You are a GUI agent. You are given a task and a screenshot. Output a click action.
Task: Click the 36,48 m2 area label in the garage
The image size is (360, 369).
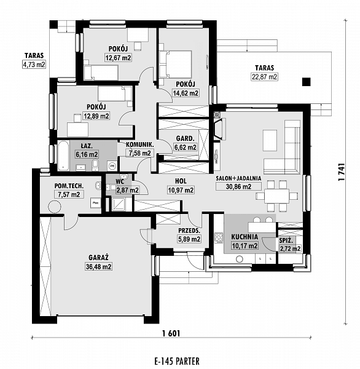point(98,267)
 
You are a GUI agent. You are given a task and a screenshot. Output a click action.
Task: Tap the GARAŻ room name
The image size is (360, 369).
point(98,258)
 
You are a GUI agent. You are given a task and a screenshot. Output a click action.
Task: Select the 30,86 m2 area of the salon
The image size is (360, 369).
point(238,186)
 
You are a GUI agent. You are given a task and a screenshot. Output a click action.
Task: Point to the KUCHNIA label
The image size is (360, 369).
point(245,237)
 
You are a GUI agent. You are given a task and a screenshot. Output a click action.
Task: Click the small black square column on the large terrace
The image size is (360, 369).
point(307,82)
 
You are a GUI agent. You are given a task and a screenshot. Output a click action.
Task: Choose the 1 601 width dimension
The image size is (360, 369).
point(171,333)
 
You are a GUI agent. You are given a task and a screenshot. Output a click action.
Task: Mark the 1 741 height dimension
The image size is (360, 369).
point(342,172)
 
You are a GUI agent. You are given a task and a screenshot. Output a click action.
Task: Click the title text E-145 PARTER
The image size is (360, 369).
point(177,361)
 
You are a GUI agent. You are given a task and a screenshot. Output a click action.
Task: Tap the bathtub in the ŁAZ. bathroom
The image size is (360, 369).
point(63,156)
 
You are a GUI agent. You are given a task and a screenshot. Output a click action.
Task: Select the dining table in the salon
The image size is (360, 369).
point(277,196)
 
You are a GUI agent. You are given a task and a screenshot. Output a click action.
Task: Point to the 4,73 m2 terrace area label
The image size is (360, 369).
point(34,65)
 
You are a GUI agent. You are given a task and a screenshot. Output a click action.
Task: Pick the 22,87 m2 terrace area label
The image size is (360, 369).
point(265,77)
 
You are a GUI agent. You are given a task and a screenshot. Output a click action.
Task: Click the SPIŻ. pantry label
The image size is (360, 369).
point(286,240)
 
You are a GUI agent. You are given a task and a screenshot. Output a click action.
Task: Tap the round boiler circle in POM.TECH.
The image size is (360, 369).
point(55,207)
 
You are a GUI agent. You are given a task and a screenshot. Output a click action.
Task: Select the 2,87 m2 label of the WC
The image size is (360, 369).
point(127,190)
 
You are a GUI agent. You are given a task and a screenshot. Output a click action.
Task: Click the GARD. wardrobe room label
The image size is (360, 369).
point(186,138)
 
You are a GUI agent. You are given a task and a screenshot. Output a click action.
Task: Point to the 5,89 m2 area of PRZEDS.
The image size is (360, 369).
point(189,239)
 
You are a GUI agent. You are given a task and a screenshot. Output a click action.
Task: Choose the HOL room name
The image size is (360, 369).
point(181,181)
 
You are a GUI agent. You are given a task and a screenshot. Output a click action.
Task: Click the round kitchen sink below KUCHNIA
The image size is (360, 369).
point(240,260)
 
